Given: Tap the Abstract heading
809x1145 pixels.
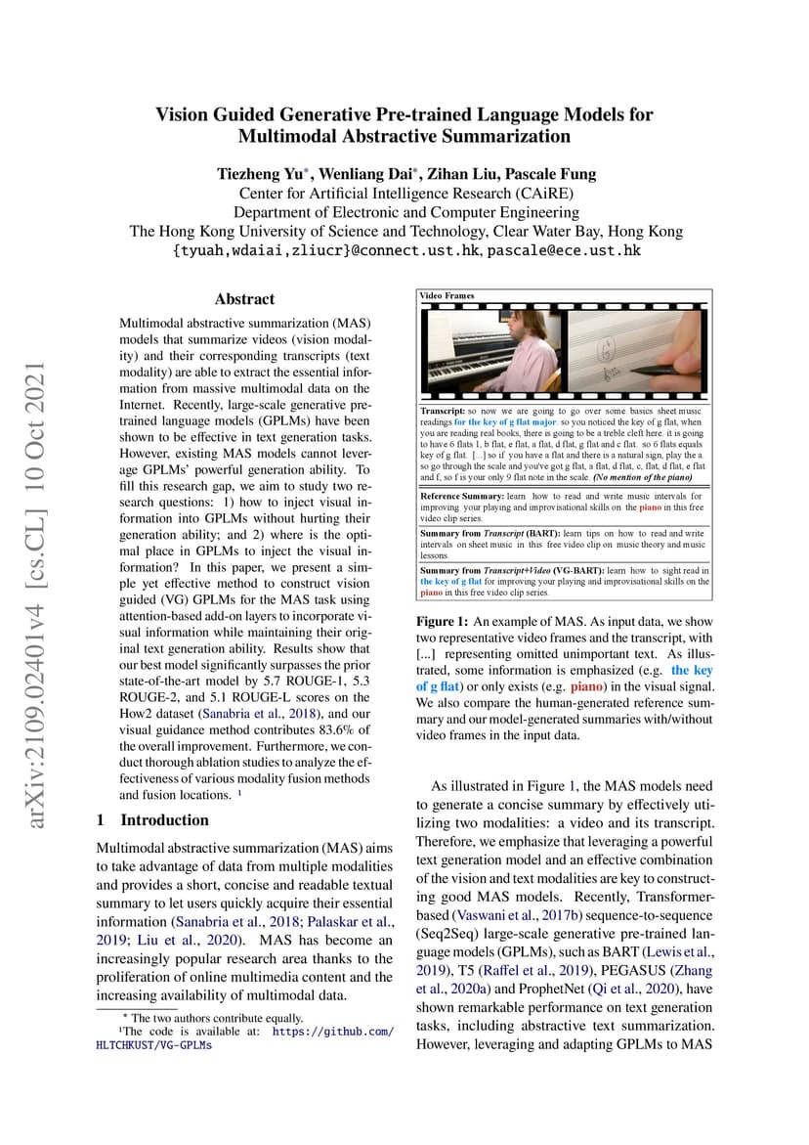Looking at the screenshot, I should coord(244,299).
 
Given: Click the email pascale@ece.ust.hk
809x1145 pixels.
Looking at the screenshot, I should coord(564,250).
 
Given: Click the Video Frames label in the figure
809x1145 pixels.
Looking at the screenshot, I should coord(447,295).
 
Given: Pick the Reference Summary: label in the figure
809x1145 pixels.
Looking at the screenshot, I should coord(461,497).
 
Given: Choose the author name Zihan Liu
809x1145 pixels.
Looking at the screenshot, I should coord(463,175).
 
